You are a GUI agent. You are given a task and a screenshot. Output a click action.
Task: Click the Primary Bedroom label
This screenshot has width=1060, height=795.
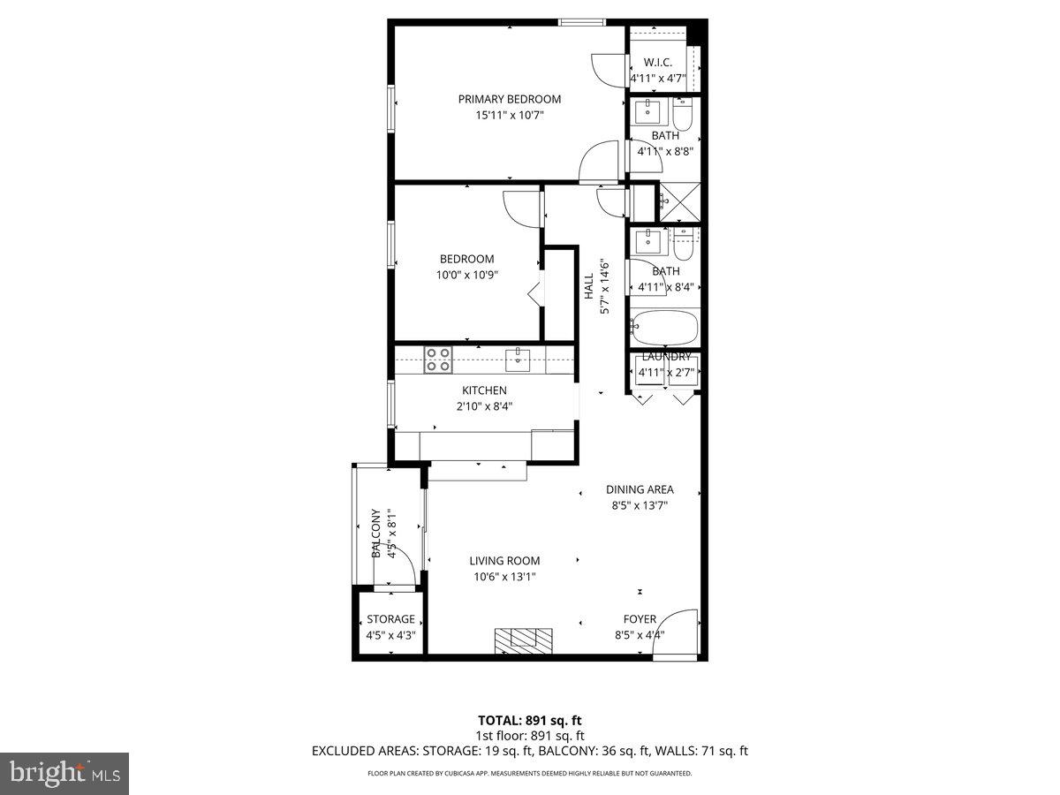509,99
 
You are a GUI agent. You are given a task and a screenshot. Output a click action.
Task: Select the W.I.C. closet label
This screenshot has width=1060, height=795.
658,63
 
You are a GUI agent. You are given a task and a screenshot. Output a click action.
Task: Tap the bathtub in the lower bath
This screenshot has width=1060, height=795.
665,328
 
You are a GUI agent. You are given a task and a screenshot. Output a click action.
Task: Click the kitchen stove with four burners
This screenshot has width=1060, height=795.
437,360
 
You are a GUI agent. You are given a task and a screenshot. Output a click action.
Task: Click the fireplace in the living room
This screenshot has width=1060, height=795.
523,639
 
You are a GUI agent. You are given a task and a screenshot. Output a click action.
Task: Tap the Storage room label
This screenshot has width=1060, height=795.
390,619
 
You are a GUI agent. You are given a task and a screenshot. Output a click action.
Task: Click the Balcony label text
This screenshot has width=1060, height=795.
376,533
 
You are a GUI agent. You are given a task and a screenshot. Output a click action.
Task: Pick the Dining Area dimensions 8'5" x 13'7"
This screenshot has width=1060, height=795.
640,506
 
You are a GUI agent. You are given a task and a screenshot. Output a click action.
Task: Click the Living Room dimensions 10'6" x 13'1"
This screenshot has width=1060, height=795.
503,577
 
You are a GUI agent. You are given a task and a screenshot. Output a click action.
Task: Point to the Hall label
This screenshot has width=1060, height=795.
588,286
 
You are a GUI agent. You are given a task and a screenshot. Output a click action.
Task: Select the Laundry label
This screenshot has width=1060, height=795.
666,356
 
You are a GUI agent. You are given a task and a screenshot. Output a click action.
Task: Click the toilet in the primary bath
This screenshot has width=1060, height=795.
683,115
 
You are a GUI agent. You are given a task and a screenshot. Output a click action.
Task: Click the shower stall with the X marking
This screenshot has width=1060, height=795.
679,202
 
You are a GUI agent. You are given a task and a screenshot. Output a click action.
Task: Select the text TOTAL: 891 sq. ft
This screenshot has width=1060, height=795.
529,721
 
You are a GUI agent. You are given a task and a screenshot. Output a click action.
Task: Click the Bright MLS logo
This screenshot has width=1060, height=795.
64,774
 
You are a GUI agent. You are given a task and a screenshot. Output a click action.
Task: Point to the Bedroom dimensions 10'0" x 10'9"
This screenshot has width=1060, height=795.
467,275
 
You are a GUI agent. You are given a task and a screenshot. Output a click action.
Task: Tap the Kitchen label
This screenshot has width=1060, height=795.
484,390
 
